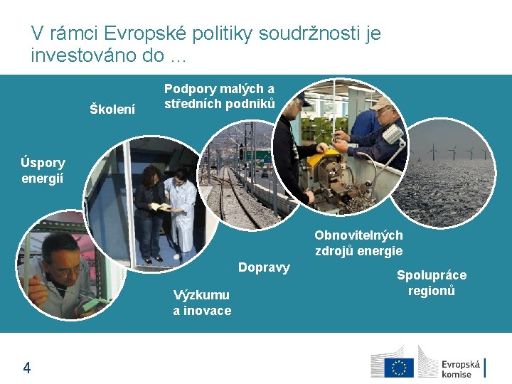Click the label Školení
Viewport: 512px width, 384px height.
point(112,109)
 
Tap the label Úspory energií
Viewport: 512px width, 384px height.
point(43,170)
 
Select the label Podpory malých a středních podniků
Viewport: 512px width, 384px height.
point(219,96)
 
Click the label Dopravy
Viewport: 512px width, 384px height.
point(264,267)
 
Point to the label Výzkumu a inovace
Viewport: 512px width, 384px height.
point(202,302)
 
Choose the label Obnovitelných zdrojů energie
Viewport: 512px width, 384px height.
point(358,242)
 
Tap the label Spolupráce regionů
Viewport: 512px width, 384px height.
point(432,282)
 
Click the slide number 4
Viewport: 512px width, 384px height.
point(27,368)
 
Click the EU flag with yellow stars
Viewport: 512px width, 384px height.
point(398,368)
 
